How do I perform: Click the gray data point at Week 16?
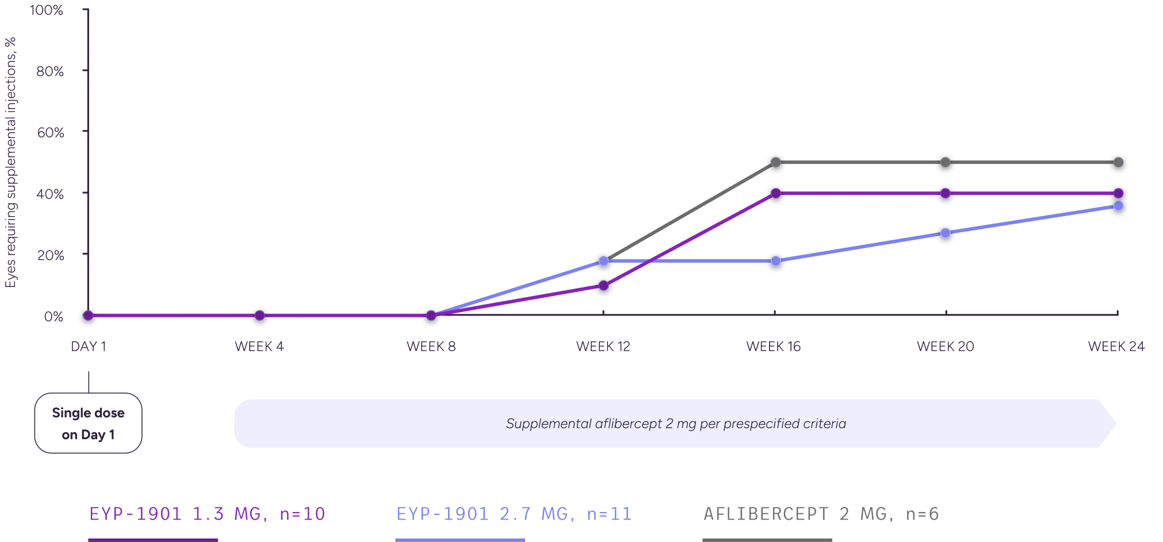775,162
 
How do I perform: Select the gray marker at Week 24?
1118,162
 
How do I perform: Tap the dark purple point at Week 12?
603,286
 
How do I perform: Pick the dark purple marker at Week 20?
945,194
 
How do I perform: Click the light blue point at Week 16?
775,261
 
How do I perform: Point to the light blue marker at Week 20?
945,233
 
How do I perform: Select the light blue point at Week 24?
1118,206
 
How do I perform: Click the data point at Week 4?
259,315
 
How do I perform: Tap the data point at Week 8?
431,315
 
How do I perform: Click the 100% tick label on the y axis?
48,11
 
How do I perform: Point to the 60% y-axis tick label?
51,132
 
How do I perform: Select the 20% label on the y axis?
51,255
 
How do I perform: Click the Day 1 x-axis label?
87,347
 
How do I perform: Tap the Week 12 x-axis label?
603,347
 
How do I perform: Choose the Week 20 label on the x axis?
945,347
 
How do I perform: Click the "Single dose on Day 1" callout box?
88,424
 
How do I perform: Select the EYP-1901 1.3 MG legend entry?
207,514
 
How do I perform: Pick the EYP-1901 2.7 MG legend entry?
514,514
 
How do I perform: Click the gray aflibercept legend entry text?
821,515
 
